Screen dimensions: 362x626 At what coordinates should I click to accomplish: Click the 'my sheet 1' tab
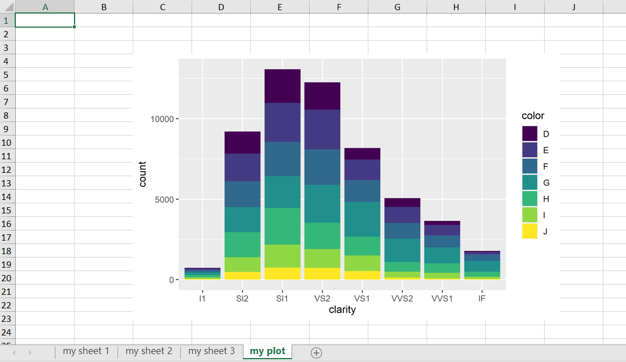[x=86, y=351]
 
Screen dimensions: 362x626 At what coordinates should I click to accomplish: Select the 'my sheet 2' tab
[x=149, y=351]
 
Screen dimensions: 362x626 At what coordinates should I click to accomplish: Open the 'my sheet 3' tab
[x=211, y=351]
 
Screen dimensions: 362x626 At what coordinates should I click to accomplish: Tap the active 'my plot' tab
[x=267, y=351]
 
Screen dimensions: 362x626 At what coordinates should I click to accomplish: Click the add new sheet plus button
[x=316, y=352]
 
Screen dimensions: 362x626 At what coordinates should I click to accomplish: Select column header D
[x=221, y=7]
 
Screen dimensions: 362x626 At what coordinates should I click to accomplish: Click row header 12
[x=7, y=169]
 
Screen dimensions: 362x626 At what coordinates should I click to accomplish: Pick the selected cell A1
[x=45, y=20]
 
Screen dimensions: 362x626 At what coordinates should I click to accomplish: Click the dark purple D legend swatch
[x=529, y=134]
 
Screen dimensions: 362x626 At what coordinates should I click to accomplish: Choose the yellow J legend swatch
[x=529, y=231]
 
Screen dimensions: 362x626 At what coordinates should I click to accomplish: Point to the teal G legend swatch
[x=529, y=182]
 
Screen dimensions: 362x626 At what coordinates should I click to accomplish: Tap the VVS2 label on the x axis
[x=402, y=298]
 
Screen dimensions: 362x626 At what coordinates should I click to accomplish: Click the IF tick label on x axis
[x=481, y=298]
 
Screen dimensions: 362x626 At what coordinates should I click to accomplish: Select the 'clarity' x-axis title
[x=342, y=310]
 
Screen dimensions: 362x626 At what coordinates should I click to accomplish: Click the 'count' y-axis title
[x=142, y=174]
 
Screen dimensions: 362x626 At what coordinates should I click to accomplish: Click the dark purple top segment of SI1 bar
[x=282, y=86]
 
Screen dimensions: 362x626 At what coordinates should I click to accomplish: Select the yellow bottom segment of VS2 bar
[x=322, y=273]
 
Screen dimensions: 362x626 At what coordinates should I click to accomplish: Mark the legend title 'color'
[x=533, y=116]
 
